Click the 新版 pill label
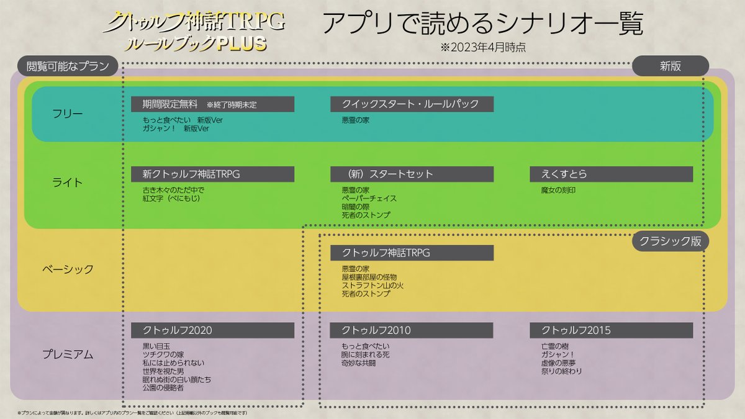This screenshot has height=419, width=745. (x=670, y=66)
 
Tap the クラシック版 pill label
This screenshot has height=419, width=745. (x=670, y=241)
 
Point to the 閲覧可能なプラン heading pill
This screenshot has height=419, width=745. (x=68, y=66)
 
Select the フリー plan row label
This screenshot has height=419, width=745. (x=68, y=114)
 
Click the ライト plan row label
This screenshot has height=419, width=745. (x=68, y=182)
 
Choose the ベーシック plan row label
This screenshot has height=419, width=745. (x=68, y=269)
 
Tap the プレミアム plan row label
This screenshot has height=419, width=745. (x=68, y=354)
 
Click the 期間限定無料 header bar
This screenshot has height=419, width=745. (x=212, y=104)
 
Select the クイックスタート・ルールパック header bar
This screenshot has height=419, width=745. (x=412, y=104)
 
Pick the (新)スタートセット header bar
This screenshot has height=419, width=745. (x=412, y=174)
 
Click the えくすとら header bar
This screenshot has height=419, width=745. (x=611, y=174)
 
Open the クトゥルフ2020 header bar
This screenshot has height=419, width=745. (x=212, y=330)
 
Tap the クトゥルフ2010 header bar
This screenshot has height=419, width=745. (x=412, y=330)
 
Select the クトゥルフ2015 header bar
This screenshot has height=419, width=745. (x=611, y=330)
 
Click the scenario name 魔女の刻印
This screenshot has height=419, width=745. (x=558, y=190)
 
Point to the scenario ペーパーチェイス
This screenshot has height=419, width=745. (x=369, y=199)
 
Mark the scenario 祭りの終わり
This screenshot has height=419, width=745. (x=562, y=371)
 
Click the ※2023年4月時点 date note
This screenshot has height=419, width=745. (x=483, y=47)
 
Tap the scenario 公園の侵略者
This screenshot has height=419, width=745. (x=163, y=388)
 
